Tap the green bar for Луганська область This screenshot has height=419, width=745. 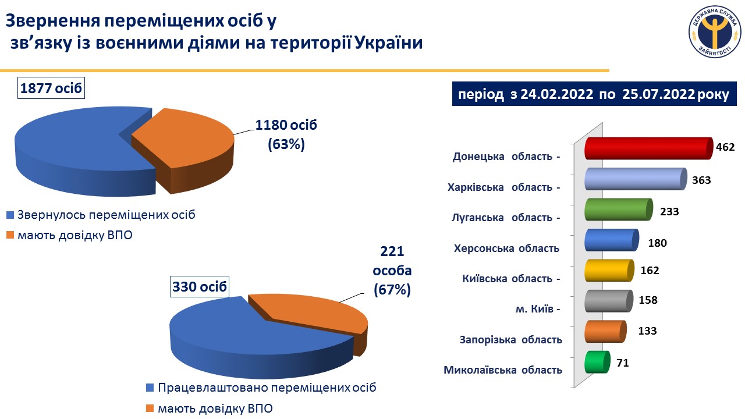pos(617,209)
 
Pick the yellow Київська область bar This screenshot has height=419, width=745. pos(609,270)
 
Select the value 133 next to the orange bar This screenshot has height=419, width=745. pos(647,331)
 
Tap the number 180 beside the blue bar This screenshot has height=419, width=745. pos(657,243)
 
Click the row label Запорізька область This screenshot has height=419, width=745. pos(510,339)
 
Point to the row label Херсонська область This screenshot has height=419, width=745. pos(506,248)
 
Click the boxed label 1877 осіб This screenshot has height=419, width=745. pos(51,88)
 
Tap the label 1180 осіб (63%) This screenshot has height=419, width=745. pos(286,134)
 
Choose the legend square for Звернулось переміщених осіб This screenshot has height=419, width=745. pos(10,215)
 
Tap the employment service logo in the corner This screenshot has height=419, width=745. pos(714,34)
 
